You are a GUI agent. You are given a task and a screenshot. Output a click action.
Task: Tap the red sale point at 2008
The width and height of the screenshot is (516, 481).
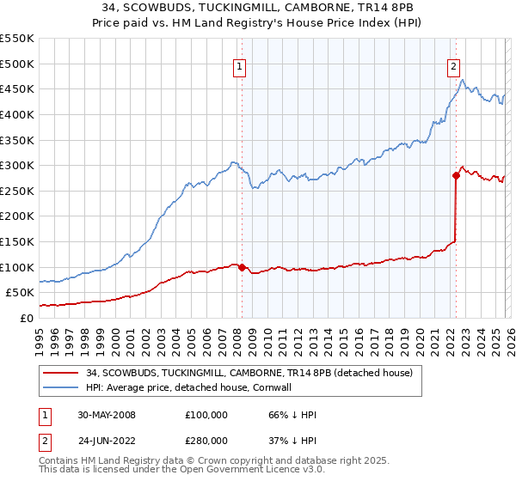point(242,267)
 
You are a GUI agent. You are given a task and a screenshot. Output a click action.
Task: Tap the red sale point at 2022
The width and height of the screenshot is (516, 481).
point(456,175)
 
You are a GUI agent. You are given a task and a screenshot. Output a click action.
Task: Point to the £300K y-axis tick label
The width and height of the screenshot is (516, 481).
point(16,165)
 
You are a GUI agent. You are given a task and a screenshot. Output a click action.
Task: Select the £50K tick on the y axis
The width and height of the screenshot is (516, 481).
point(20,293)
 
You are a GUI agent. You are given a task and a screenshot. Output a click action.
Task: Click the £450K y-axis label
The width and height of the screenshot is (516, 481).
point(16,88)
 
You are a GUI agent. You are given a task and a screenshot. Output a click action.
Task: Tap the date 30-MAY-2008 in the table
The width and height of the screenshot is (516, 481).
point(108,415)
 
